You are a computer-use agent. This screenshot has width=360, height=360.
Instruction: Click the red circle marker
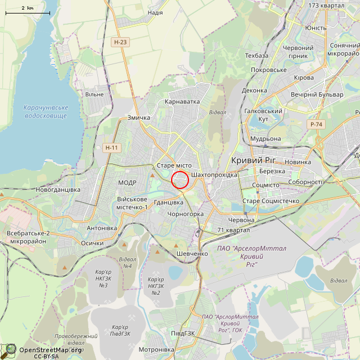click(179, 180)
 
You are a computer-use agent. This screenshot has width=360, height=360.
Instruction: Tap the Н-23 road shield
click(120, 42)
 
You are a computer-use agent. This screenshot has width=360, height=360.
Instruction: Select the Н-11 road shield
click(112, 147)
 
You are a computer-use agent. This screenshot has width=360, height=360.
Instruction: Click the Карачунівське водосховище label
click(47, 111)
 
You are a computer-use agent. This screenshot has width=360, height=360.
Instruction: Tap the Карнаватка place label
click(182, 102)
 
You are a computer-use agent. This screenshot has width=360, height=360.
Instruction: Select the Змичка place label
click(139, 118)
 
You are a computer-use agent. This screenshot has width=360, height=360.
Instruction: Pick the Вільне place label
click(94, 94)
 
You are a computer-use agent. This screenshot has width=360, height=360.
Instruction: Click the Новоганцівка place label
click(58, 190)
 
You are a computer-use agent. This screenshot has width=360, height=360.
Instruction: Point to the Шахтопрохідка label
click(214, 175)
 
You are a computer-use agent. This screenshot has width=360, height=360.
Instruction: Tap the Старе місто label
click(174, 165)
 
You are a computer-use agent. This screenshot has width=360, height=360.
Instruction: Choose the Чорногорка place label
click(186, 214)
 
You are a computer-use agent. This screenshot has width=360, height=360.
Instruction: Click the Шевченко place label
click(193, 253)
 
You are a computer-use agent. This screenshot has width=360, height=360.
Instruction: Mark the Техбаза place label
click(256, 56)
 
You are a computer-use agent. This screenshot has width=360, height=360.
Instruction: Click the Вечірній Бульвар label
click(317, 94)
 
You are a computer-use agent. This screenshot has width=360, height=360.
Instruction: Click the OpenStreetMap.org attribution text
click(50, 349)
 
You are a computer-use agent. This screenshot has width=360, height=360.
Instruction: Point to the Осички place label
click(92, 243)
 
